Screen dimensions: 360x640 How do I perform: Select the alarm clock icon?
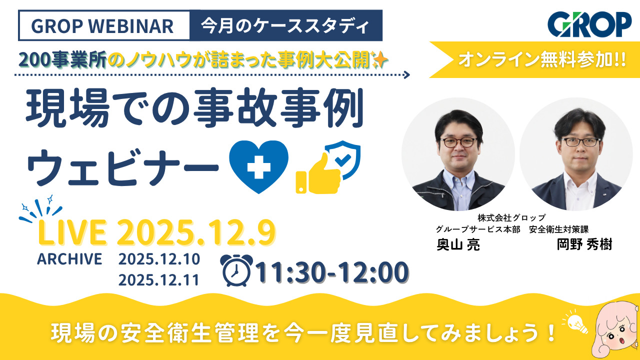pos(236,270)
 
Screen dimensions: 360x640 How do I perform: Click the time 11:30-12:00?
pos(331,272)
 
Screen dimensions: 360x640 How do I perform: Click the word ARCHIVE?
pos(69,259)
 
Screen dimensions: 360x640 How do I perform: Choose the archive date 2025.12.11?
pos(159,279)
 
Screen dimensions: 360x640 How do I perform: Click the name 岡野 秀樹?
pos(584,245)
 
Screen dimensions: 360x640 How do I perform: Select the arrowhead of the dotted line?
pos(406,75)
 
